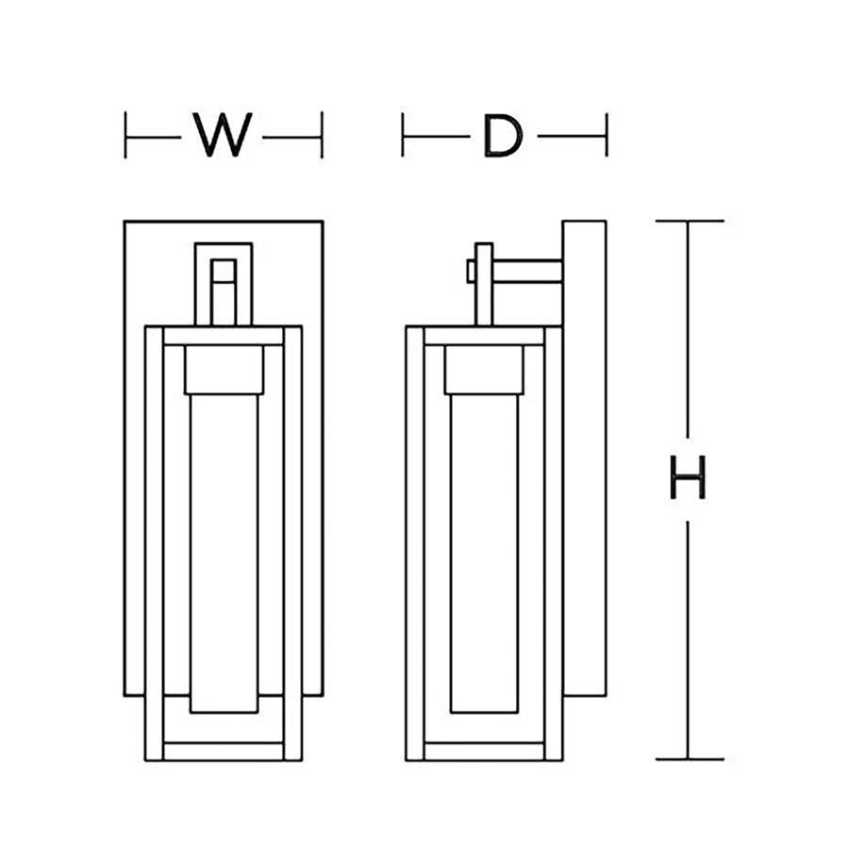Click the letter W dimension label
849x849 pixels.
[223, 135]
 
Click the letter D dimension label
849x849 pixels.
[503, 135]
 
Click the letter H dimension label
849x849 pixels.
[688, 477]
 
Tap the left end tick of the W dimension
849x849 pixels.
[125, 135]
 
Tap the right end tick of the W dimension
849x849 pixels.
[323, 135]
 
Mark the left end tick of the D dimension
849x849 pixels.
[402, 135]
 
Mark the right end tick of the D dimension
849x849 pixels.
[607, 135]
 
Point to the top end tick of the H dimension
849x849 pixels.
[690, 221]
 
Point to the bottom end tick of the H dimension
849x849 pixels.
[690, 759]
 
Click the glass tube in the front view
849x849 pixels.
[225, 554]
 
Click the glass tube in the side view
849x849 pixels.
[484, 554]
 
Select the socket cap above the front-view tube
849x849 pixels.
[225, 370]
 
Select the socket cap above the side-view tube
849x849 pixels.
[484, 370]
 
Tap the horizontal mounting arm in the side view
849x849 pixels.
[527, 272]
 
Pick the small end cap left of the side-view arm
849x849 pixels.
[471, 272]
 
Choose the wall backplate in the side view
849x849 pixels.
[584, 458]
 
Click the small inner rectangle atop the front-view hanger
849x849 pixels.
[224, 271]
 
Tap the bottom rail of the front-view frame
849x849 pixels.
[224, 752]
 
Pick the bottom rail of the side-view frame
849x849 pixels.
[484, 752]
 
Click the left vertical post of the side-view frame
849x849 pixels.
[415, 543]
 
